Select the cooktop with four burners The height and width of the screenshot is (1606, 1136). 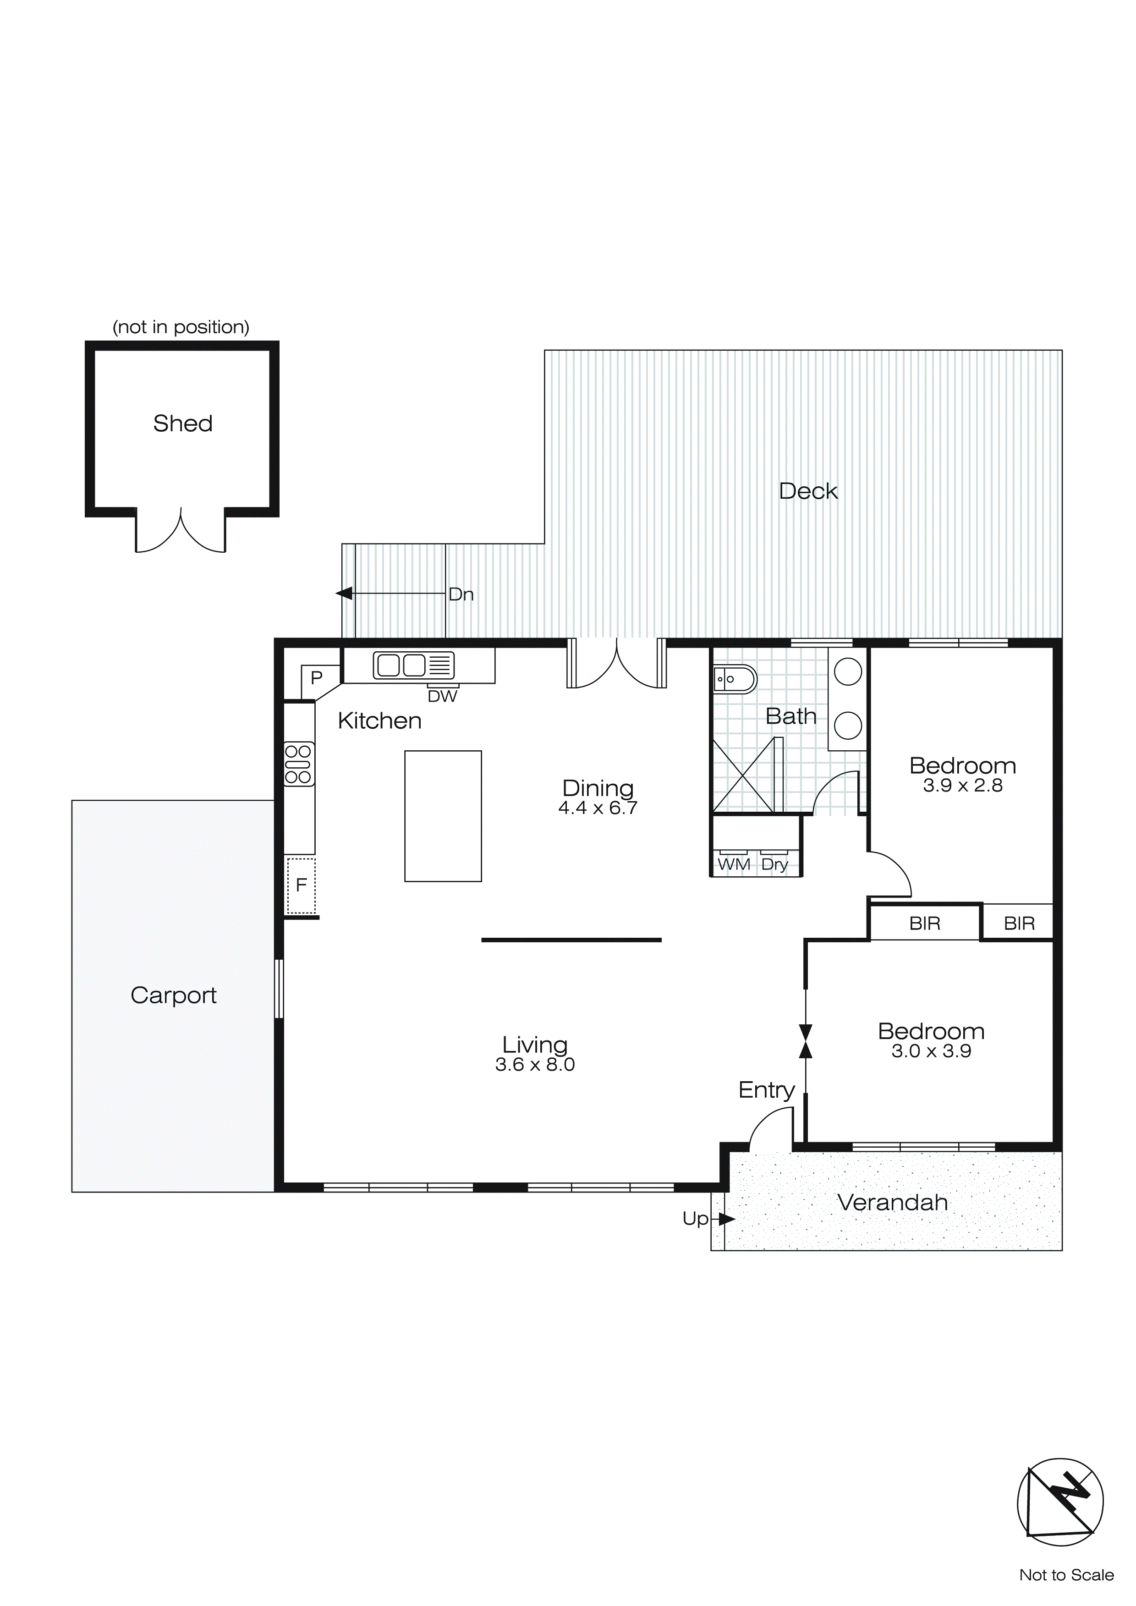point(299,764)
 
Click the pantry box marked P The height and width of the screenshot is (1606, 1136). point(317,678)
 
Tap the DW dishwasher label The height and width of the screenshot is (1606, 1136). point(442,696)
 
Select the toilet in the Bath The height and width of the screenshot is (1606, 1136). point(735,679)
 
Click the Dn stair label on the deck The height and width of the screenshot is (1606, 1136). point(461,594)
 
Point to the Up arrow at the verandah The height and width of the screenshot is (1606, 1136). point(726,1219)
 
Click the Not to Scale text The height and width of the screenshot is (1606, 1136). point(1066,1575)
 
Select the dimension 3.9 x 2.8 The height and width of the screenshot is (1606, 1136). point(962,786)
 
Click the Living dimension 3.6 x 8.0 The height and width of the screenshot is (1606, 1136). point(535,1065)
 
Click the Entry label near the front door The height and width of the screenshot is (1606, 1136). point(767,1090)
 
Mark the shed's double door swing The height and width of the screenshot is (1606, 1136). point(181,532)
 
